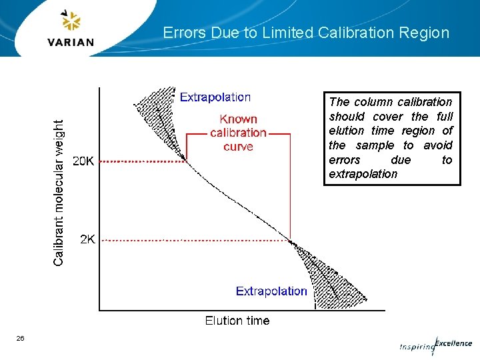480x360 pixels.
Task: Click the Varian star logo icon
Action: click(x=71, y=21)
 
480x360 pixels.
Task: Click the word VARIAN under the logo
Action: click(x=71, y=42)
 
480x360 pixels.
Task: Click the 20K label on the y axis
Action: click(x=83, y=161)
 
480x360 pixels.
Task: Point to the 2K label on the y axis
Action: click(x=87, y=239)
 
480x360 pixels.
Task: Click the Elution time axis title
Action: click(x=237, y=321)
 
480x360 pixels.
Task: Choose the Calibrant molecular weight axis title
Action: click(x=59, y=193)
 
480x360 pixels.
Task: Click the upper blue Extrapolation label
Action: click(x=215, y=97)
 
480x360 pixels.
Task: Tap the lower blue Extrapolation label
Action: click(x=271, y=291)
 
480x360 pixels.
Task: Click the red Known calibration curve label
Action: click(x=238, y=133)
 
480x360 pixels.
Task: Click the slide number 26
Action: click(x=21, y=339)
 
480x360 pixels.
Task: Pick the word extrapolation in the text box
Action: click(x=363, y=174)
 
